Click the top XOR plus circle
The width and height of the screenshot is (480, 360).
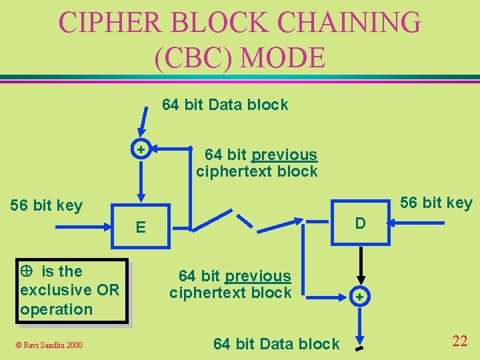point(140,148)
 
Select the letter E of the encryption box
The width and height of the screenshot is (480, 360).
point(140,228)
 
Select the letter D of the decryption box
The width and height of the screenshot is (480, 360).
point(360,223)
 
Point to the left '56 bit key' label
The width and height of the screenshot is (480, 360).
point(47,205)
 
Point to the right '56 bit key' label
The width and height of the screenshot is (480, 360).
point(436,203)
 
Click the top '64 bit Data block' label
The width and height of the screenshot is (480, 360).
point(225,105)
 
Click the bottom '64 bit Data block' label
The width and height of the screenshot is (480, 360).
point(276,344)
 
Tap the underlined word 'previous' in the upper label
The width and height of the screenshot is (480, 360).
point(284,155)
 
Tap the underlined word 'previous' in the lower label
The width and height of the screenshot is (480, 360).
point(258,276)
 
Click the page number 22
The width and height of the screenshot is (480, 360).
point(459,341)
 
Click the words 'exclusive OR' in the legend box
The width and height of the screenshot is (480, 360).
point(70,290)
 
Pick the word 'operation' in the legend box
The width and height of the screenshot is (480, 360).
point(57,309)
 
